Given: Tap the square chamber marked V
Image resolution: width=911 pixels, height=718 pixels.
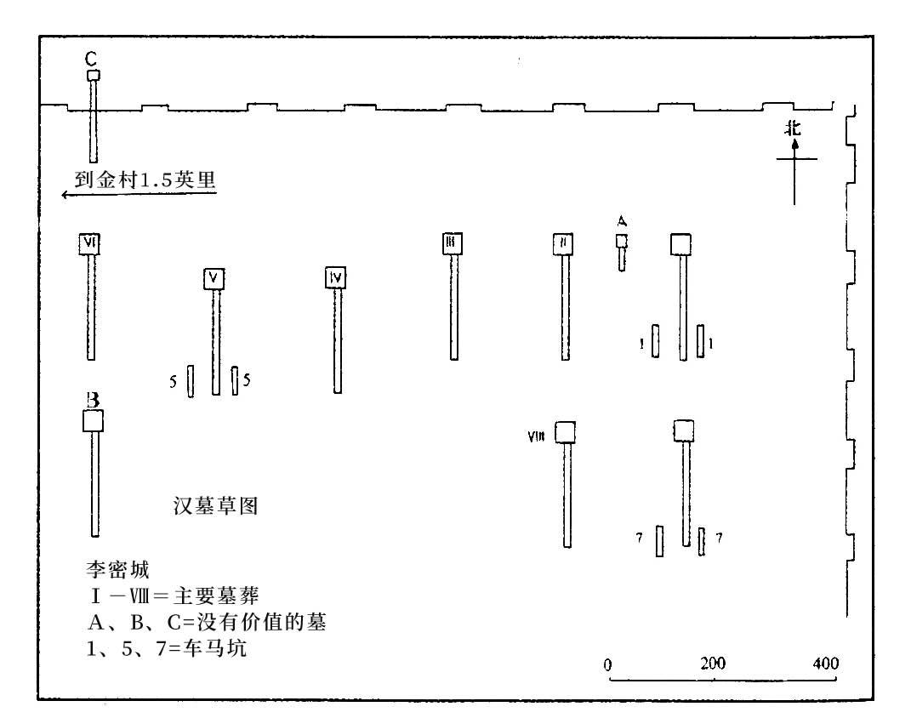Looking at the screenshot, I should tap(215, 278).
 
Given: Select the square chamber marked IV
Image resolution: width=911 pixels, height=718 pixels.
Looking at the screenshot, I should tap(337, 278).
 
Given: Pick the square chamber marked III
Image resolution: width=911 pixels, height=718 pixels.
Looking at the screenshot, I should tap(453, 243).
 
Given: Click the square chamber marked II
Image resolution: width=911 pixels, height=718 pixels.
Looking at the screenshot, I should tap(562, 243).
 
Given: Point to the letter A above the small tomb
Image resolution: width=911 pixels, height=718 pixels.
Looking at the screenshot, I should tap(622, 221).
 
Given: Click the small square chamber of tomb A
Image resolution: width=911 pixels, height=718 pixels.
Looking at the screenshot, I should tap(622, 242).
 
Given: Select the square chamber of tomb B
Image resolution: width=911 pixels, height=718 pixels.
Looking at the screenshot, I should tap(92, 421).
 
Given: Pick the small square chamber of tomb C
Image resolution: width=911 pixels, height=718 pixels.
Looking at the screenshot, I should tap(93, 76).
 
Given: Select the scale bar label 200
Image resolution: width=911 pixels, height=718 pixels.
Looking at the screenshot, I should tap(713, 664).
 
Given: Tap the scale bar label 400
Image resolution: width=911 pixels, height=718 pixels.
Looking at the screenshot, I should tap(824, 664).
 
